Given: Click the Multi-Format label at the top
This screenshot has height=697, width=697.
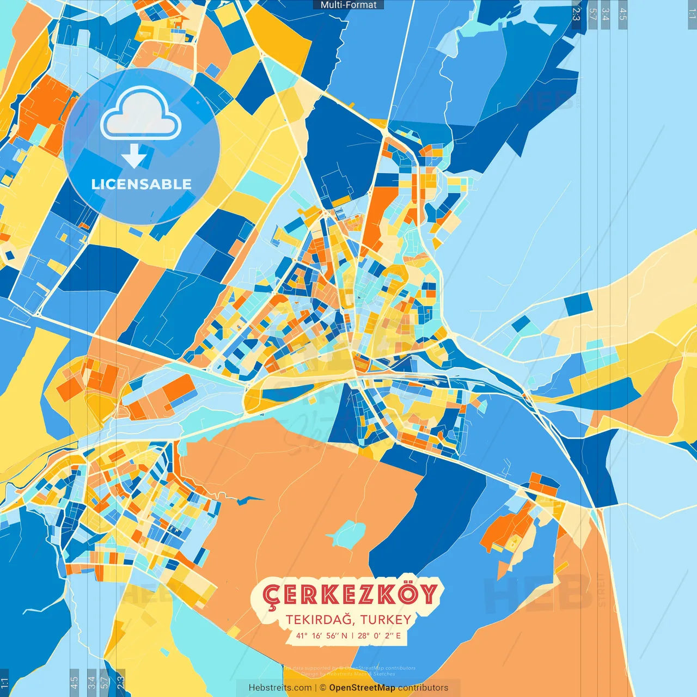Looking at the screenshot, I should [x=348, y=5].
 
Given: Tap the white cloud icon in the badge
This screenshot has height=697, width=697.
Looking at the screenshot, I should [x=141, y=115].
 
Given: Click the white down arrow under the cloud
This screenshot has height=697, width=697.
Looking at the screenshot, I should [x=134, y=156].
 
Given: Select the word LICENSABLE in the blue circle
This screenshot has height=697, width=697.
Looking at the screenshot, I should [x=142, y=184].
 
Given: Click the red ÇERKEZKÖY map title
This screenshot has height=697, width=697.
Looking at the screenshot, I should [x=350, y=595].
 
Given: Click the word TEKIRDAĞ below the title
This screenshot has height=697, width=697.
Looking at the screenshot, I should [x=320, y=620].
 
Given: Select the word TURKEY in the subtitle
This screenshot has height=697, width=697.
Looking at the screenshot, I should [x=386, y=620].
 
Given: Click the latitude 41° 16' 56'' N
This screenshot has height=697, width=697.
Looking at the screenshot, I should [x=322, y=635].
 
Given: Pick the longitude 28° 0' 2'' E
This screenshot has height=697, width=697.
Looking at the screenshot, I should [x=380, y=635].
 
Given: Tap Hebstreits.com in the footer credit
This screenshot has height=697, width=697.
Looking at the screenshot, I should [x=280, y=688].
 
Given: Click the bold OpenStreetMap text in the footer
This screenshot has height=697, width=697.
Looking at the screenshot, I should [x=362, y=688].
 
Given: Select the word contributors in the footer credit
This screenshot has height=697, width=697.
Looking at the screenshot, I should [x=423, y=688].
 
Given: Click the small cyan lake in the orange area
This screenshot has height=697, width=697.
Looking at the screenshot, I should [x=347, y=534].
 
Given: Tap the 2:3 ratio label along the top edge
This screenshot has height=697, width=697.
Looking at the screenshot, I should [x=576, y=13].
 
